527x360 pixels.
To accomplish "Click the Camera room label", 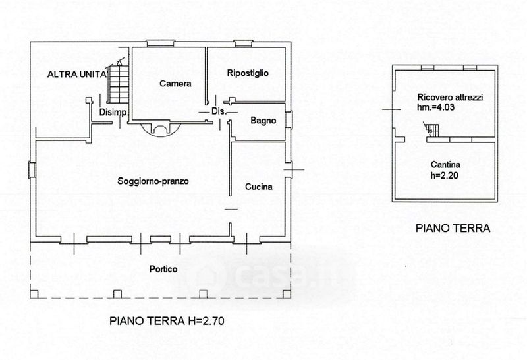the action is pyautogui.click(x=175, y=84).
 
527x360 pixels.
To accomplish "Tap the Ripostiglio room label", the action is pyautogui.click(x=248, y=73).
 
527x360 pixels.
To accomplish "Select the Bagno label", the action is pyautogui.click(x=263, y=121).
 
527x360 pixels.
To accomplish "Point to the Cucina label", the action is pyautogui.click(x=258, y=187).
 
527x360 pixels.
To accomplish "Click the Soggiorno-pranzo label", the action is pyautogui.click(x=153, y=181).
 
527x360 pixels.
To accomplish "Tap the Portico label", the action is pyautogui.click(x=163, y=269).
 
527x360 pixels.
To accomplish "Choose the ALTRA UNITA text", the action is pyautogui.click(x=76, y=75).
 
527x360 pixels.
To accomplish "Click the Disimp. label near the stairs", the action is pyautogui.click(x=114, y=113).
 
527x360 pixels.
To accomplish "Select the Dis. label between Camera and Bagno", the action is pyautogui.click(x=219, y=111).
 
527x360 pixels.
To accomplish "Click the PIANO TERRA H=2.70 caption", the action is pyautogui.click(x=167, y=321).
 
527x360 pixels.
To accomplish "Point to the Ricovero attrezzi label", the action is pyautogui.click(x=450, y=98).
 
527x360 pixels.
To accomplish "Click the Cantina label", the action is pyautogui.click(x=445, y=165).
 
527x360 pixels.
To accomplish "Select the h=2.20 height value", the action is pyautogui.click(x=444, y=175).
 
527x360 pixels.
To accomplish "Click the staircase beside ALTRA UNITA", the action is pyautogui.click(x=118, y=84).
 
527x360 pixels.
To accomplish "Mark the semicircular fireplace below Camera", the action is pyautogui.click(x=160, y=129).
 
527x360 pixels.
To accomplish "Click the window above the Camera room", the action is pyautogui.click(x=161, y=44).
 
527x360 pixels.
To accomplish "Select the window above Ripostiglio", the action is pyautogui.click(x=243, y=44).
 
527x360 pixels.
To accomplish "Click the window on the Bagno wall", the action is pyautogui.click(x=289, y=120).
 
